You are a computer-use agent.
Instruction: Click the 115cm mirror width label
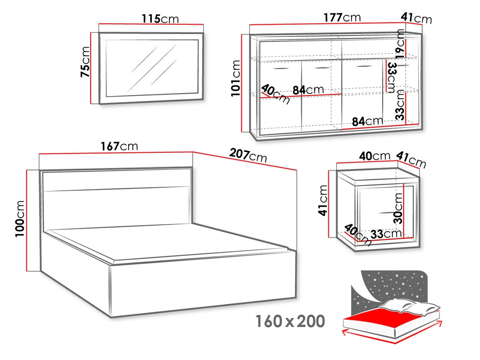coord(160,19)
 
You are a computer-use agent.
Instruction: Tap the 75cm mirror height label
coord(85,62)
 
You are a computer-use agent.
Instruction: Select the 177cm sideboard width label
coord(342,18)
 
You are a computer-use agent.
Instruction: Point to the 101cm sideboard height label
coord(236,78)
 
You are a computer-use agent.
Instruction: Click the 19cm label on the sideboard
coord(400,44)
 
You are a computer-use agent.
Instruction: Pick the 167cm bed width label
coord(119,146)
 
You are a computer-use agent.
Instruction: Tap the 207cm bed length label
coord(248,155)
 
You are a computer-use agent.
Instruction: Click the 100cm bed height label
coord(19,219)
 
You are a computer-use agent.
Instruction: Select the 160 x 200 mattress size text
coord(290,321)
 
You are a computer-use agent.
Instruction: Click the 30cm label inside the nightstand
coord(398,208)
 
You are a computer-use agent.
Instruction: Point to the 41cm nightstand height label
coord(323,200)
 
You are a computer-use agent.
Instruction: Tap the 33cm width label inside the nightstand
coord(386,234)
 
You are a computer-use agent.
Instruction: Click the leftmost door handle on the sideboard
coord(281,69)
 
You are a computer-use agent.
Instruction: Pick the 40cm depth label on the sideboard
coord(276,94)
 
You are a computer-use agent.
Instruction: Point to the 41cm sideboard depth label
coord(416,18)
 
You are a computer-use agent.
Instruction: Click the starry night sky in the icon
coord(391,286)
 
